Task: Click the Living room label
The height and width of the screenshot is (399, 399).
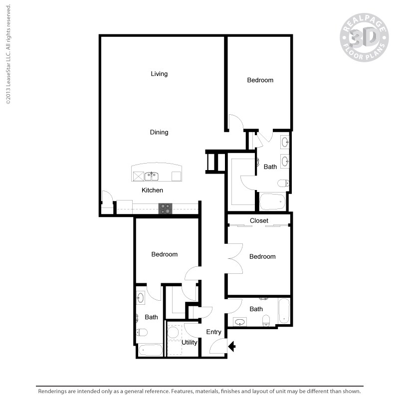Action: click(x=159, y=74)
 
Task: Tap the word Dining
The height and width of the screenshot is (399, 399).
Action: click(x=159, y=132)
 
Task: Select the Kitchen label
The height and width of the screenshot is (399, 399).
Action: click(x=152, y=190)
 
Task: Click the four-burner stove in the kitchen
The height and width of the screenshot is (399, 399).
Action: click(x=165, y=208)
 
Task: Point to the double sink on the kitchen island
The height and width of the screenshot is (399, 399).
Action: click(x=151, y=176)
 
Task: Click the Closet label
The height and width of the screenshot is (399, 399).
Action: click(x=259, y=220)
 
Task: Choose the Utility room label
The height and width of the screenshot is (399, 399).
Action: click(x=190, y=342)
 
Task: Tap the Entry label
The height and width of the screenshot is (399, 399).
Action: click(x=213, y=332)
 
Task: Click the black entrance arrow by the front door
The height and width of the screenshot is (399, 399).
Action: click(x=231, y=345)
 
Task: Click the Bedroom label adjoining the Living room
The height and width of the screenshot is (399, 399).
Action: click(x=260, y=80)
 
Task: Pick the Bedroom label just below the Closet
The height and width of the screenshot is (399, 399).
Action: click(x=262, y=256)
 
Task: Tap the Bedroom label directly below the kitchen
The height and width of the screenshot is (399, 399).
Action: click(x=165, y=254)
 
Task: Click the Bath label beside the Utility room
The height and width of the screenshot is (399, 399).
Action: click(x=151, y=317)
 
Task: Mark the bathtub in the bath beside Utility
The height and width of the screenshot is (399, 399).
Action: click(x=150, y=350)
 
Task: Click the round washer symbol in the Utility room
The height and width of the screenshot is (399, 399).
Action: click(x=174, y=333)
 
